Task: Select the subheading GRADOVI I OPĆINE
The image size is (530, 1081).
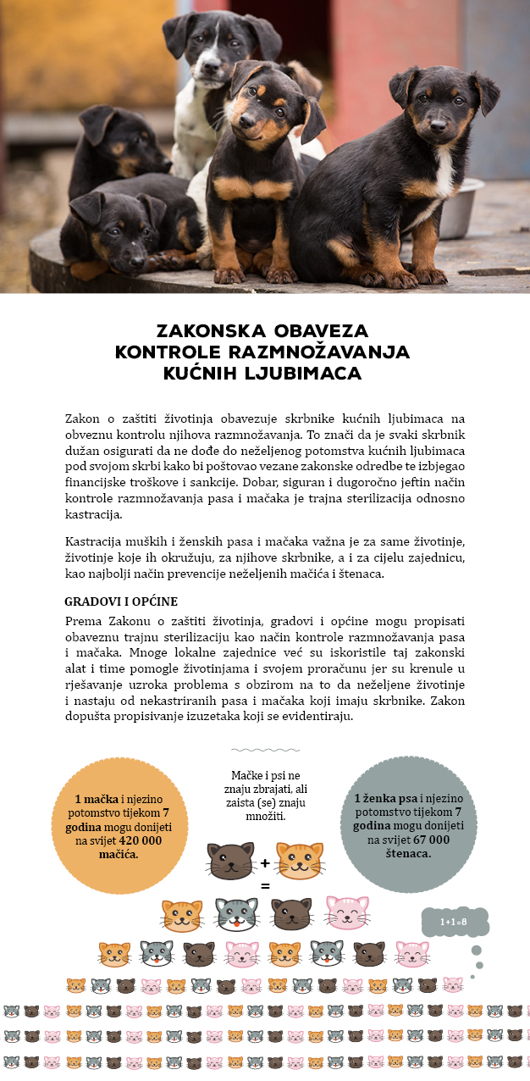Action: [121, 601]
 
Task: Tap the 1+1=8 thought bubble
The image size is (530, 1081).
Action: [455, 922]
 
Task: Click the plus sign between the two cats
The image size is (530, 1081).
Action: [265, 863]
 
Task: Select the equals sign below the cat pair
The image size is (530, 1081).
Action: [265, 886]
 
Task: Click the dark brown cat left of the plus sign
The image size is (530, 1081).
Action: [231, 861]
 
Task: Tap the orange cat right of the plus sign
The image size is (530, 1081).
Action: [300, 860]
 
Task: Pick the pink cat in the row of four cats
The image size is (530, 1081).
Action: [347, 913]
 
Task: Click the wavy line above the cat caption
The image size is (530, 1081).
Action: [265, 750]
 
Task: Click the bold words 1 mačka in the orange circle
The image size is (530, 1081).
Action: [96, 799]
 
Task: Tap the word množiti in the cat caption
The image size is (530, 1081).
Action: [265, 817]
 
